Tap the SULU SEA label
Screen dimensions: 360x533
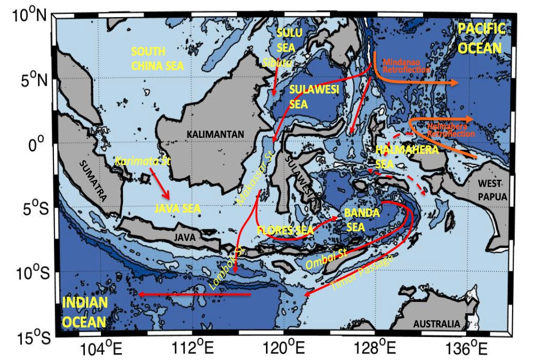(289, 40)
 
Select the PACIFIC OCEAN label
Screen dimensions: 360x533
(481, 38)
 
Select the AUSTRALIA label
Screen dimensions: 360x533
(437, 324)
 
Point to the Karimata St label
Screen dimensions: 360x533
(142, 161)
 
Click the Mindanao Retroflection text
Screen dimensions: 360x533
(407, 65)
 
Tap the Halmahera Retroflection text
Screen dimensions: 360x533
(451, 130)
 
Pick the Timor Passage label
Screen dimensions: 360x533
(363, 273)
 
